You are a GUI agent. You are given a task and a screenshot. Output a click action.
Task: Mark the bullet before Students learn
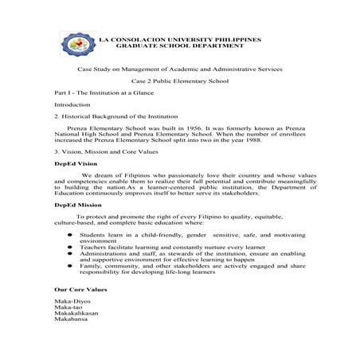click(x=70, y=237)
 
